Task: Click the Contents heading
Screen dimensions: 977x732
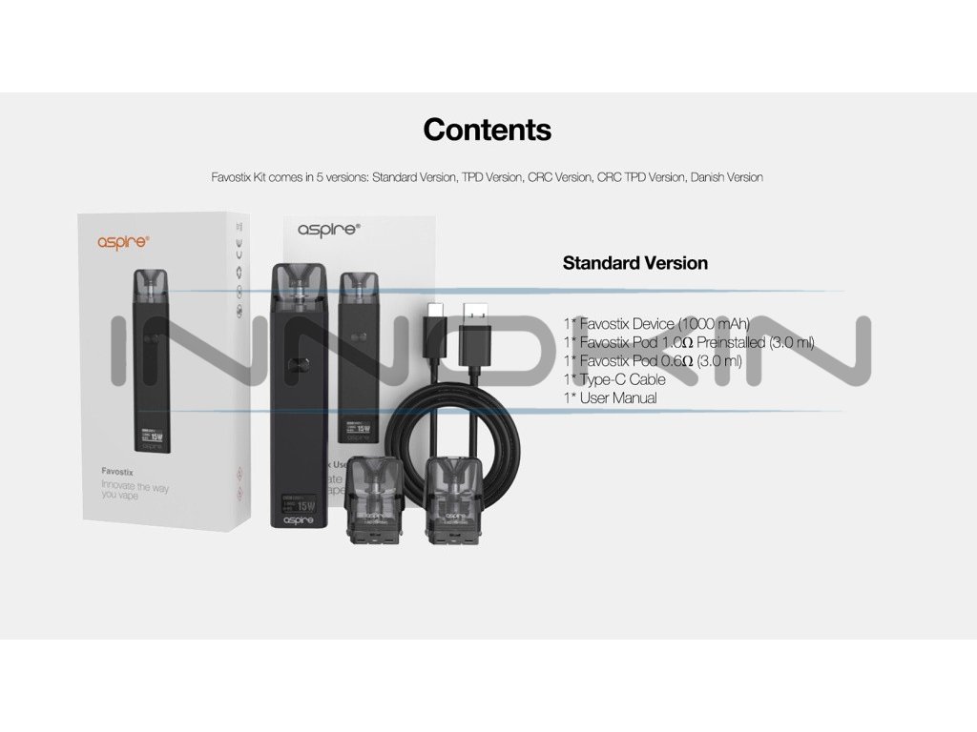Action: (x=487, y=130)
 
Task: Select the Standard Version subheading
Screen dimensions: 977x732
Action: (x=634, y=263)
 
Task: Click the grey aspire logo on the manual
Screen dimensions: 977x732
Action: (x=328, y=230)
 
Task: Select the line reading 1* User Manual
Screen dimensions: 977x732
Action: (x=610, y=398)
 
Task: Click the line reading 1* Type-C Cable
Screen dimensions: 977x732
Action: (x=614, y=379)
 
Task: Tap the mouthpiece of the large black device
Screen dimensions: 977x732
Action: (x=301, y=277)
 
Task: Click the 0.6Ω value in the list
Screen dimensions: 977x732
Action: (x=678, y=361)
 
